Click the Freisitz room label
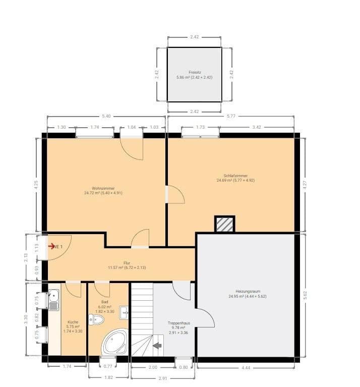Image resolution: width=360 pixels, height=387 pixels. pos(195,72)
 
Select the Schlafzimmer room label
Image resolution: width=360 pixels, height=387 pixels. pos(232,176)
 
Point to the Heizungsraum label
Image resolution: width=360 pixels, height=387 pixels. pos(247,291)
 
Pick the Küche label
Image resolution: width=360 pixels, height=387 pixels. pos(73,321)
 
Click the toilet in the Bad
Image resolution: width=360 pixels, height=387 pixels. pos(95,319)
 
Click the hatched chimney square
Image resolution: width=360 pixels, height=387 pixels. pos(224,224)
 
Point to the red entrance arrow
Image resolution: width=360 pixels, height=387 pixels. pos(51,246)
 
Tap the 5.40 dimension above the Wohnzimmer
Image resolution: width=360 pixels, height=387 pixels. pos(106,117)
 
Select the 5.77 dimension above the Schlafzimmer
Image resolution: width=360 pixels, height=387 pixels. pos(231,117)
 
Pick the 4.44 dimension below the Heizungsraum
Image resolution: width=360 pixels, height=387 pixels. pos(246,368)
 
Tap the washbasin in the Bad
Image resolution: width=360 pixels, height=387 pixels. pos(123,311)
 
